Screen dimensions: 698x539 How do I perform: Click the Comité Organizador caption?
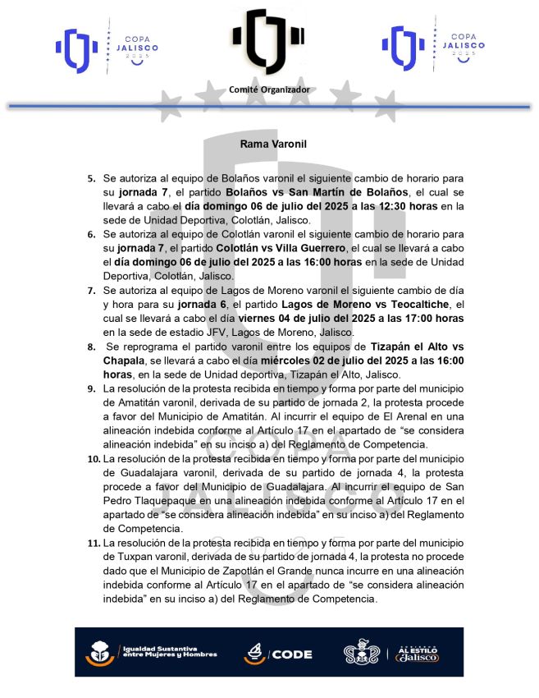pyautogui.click(x=269, y=89)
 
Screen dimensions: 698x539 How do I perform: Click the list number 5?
pyautogui.click(x=91, y=177)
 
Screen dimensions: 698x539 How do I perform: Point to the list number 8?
pyautogui.click(x=91, y=348)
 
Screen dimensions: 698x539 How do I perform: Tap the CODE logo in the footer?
pyautogui.click(x=278, y=654)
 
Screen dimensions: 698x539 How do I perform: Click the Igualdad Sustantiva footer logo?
pyautogui.click(x=151, y=654)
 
